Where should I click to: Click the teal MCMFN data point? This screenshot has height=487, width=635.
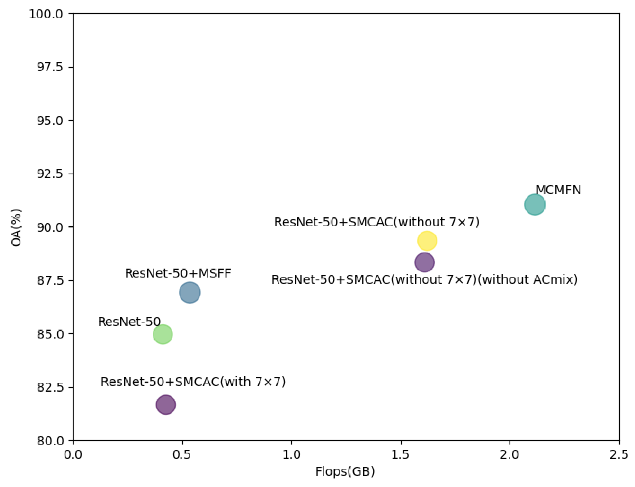[535, 205]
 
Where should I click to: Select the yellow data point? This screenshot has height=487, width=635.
[427, 241]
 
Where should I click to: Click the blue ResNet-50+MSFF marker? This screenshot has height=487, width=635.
[190, 292]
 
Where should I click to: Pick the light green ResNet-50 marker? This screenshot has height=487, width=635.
[163, 334]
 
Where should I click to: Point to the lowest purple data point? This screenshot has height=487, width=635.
[166, 404]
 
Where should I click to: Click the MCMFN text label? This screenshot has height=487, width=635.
[558, 190]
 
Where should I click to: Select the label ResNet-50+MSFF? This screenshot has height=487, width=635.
[178, 273]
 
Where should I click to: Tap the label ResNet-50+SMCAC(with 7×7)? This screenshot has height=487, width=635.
[193, 382]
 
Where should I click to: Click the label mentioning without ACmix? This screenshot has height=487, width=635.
[424, 280]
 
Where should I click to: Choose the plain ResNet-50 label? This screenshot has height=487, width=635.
[129, 322]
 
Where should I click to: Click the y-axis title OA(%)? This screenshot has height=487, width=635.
[16, 228]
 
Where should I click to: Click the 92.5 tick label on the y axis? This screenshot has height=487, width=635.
[50, 174]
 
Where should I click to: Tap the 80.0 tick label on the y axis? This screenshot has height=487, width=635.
[50, 441]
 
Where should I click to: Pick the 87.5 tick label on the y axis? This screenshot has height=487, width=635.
[50, 281]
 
